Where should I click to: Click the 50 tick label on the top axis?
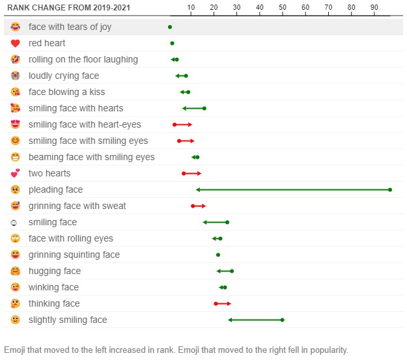[283, 7]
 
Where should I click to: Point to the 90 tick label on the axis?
[374, 7]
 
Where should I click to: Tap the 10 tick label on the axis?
[191, 7]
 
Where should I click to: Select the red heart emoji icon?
[16, 43]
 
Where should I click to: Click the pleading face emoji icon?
[16, 189]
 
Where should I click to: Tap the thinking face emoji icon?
[16, 303]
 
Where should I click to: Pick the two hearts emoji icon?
[16, 173]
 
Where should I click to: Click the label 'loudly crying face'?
[64, 76]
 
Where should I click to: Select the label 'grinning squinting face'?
[74, 255]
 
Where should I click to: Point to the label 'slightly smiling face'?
[68, 320]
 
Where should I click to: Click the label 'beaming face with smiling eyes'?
[92, 157]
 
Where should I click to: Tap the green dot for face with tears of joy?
[170, 27]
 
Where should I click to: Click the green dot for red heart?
[172, 43]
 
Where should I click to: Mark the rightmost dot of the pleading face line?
[390, 189]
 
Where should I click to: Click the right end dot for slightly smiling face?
[282, 320]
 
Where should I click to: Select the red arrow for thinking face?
[223, 303]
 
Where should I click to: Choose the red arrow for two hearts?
[192, 173]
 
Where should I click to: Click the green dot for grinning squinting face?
[218, 255]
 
